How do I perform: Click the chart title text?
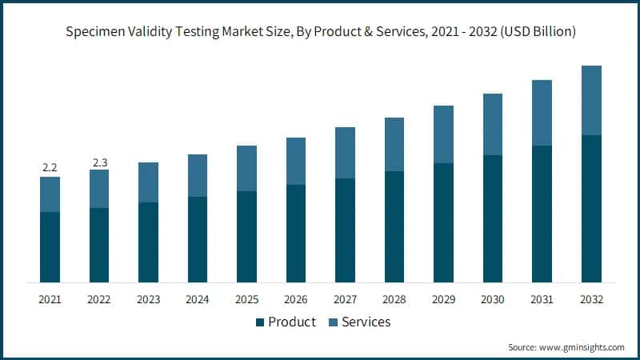click(320, 33)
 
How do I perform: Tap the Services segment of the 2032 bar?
click(591, 100)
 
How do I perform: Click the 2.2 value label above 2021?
click(50, 168)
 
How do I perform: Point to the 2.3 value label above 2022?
click(99, 162)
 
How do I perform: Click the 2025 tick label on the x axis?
click(246, 299)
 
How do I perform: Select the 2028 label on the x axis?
click(394, 299)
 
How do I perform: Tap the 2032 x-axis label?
click(591, 299)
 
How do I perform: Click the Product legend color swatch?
click(259, 322)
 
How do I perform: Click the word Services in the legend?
click(366, 322)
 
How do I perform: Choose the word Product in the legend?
click(292, 322)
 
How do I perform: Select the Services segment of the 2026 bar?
click(296, 161)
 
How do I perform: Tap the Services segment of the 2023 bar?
click(148, 182)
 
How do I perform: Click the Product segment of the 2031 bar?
click(542, 214)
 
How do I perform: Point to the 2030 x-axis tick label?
click(493, 299)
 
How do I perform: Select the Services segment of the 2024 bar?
click(198, 175)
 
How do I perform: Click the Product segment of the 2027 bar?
click(345, 230)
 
